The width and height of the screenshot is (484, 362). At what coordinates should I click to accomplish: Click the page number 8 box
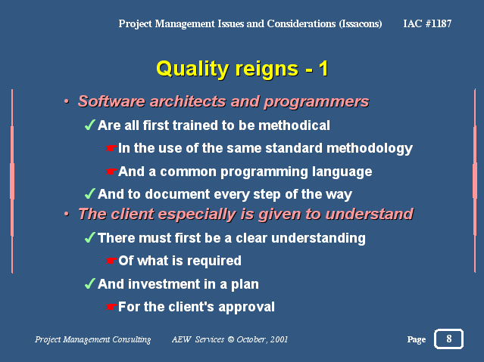[448, 339]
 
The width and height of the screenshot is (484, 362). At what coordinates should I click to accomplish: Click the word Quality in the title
[192, 69]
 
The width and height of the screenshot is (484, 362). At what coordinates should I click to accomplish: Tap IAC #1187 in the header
[427, 23]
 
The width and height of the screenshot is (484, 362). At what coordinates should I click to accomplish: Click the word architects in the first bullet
[189, 101]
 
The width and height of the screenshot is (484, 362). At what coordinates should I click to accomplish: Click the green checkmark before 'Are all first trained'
[89, 125]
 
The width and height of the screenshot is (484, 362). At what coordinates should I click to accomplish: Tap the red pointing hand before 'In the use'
[111, 148]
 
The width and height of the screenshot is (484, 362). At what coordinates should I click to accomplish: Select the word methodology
[370, 149]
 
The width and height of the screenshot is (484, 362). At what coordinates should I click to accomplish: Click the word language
[342, 172]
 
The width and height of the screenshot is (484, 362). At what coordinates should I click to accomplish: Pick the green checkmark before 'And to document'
[89, 193]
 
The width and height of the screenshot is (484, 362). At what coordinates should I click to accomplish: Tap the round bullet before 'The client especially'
[67, 213]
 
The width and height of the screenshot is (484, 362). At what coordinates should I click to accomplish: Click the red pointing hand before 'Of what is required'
[111, 261]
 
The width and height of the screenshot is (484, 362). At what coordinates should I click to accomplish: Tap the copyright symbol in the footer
[231, 339]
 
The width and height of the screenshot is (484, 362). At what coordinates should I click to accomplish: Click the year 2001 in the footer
[279, 339]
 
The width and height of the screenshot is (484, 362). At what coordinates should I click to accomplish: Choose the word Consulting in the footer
[132, 339]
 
